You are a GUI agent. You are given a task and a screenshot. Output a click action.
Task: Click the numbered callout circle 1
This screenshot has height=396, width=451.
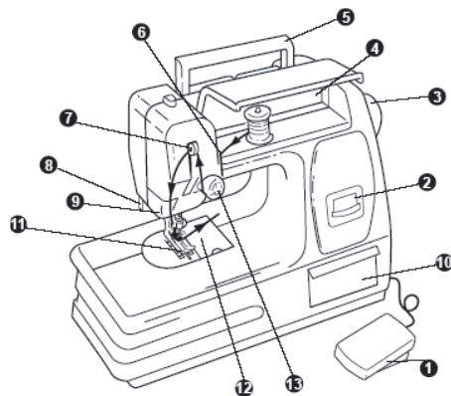(428, 368)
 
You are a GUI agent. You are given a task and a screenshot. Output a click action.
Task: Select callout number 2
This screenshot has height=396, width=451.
(427, 182)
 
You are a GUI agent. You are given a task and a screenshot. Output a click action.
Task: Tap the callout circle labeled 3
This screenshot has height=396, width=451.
(437, 97)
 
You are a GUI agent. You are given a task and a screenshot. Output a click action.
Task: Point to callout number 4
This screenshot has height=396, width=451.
(375, 49)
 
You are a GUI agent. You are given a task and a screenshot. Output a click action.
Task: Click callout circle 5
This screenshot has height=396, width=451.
(346, 17)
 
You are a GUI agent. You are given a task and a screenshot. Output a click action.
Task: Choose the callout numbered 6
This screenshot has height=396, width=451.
(141, 33)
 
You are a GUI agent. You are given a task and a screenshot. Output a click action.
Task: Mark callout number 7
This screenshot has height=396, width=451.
(69, 118)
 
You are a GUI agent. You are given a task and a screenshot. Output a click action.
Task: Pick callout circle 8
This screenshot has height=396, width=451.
(49, 165)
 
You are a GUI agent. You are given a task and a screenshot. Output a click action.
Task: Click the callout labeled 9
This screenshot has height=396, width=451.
(75, 201)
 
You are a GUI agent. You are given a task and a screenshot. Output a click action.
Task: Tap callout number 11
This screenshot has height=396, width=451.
(18, 225)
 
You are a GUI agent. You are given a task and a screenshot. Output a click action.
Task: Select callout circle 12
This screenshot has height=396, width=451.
(244, 387)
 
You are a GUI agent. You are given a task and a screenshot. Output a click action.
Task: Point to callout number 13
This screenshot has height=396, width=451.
(294, 384)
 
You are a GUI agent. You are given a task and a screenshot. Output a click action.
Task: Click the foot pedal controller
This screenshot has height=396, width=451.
(375, 345)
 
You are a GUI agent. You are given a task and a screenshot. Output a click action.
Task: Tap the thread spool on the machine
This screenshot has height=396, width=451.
(257, 125)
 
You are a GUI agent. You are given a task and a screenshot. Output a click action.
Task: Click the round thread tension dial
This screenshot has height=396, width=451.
(214, 186)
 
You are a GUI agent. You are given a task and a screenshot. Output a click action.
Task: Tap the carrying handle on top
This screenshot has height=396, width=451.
(234, 63)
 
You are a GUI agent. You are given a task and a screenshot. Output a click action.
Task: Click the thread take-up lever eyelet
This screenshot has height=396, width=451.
(192, 148)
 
